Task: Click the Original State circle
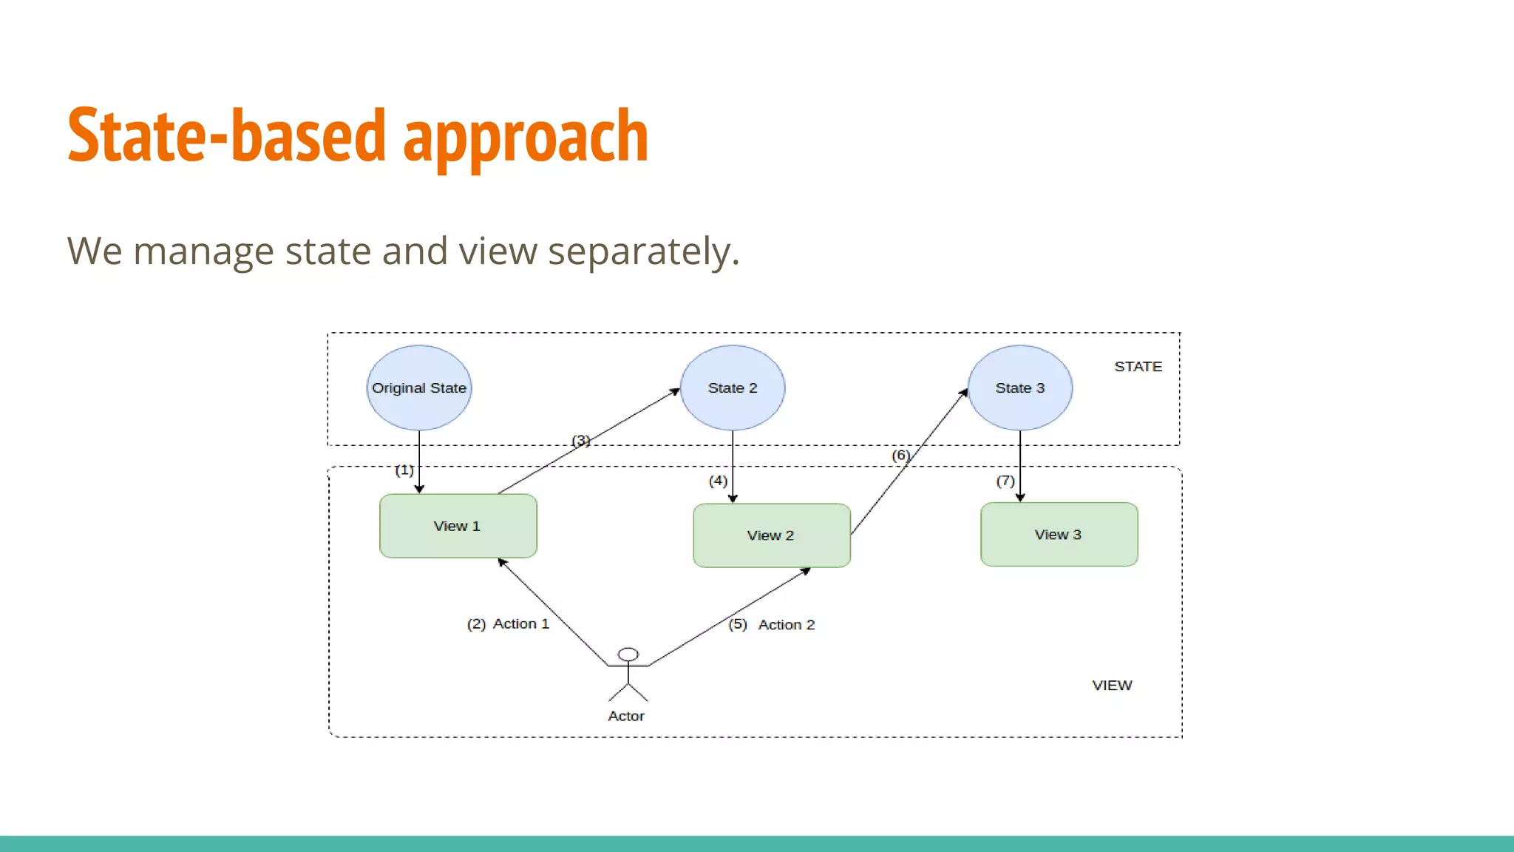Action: click(419, 388)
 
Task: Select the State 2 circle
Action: click(733, 388)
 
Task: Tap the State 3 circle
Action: click(1019, 388)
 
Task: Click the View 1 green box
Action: click(458, 526)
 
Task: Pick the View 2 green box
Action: click(771, 535)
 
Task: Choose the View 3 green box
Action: click(1059, 535)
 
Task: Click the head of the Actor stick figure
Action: click(628, 655)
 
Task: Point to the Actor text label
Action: click(626, 716)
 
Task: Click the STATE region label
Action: click(1138, 367)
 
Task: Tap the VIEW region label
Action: click(1112, 686)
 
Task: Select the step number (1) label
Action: click(404, 470)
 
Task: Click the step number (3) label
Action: click(581, 441)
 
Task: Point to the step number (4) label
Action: click(718, 481)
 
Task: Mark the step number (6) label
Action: click(900, 456)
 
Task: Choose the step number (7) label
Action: click(1005, 481)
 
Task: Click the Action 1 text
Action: click(521, 624)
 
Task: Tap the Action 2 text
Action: click(787, 625)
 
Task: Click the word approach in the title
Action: click(526, 137)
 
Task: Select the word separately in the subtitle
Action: click(643, 251)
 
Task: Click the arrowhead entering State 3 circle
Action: click(964, 393)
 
